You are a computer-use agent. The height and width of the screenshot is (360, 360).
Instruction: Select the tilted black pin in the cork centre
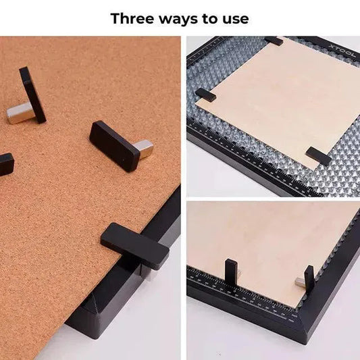point(114,145)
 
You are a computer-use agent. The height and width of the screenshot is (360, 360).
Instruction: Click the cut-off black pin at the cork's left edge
point(6,163)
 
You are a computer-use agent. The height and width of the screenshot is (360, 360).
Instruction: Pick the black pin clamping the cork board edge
point(134,245)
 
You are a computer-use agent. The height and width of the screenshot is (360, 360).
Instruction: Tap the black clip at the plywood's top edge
point(274,41)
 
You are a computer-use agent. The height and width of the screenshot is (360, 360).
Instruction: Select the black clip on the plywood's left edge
point(205,95)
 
